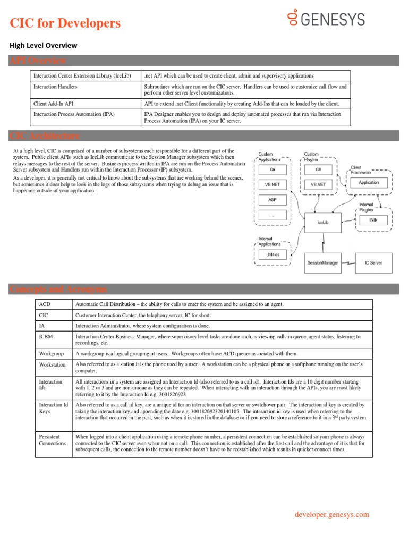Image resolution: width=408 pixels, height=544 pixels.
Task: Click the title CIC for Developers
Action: pos(65,23)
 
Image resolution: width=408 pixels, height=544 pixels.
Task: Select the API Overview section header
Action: pos(38,61)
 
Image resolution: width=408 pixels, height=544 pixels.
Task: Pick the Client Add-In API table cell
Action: pos(54,104)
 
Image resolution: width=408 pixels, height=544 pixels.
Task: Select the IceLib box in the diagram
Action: pos(323,222)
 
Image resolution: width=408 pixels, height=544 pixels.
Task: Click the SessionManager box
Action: pos(322,263)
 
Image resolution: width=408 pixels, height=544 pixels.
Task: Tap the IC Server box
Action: pos(373,263)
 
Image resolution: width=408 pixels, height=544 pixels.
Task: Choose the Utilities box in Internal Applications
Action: pos(273,255)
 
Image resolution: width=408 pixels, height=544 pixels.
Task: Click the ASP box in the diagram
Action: pos(273,200)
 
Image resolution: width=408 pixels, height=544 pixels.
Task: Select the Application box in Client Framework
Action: pos(369,182)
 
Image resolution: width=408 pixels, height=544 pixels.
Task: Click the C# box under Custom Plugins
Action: pos(319,169)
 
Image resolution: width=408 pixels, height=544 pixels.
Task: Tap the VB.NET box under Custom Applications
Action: pos(273,185)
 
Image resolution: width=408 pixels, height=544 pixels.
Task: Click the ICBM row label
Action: pos(46,337)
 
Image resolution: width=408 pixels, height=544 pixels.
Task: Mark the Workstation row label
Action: pos(53,365)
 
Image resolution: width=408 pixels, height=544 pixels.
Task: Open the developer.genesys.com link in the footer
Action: pos(331,514)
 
